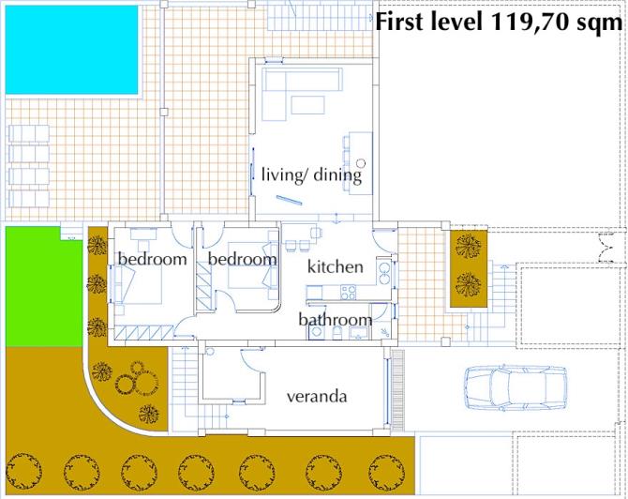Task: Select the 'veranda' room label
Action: click(317, 397)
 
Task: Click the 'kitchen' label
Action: click(335, 266)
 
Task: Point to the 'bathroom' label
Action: click(335, 320)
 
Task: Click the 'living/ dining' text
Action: click(311, 174)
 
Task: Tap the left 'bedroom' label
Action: click(152, 259)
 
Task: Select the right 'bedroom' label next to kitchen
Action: click(242, 259)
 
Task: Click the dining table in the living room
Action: click(358, 158)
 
